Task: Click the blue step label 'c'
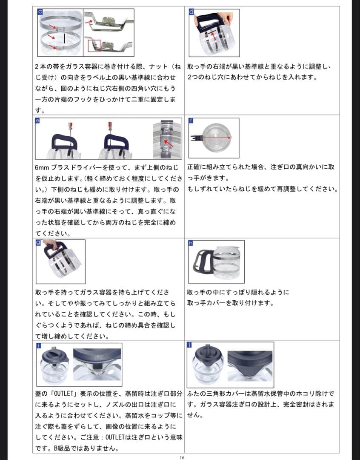[x=40, y=12]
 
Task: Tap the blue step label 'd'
[x=191, y=12]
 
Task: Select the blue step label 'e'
[x=37, y=121]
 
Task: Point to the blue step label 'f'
[x=191, y=121]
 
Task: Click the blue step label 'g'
[x=38, y=243]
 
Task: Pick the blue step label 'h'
[x=191, y=243]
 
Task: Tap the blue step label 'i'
[x=38, y=346]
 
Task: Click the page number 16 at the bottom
[x=182, y=457]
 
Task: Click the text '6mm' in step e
[x=42, y=168]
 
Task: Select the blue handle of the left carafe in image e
[x=63, y=141]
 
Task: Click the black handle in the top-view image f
[x=195, y=138]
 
